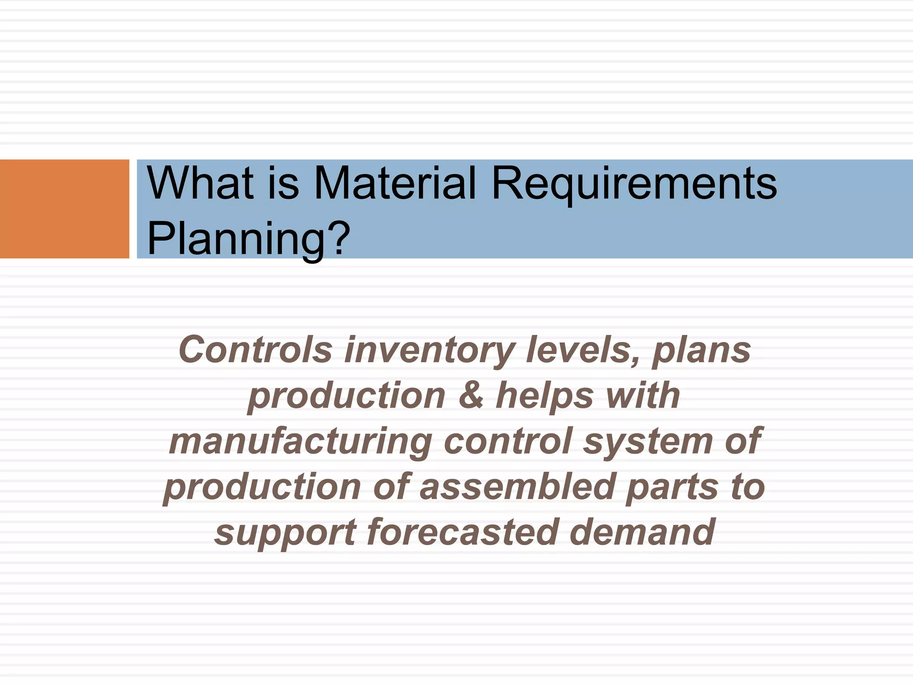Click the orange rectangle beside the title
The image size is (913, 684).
[64, 209]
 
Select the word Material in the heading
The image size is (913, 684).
[395, 183]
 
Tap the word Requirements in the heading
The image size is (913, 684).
[633, 183]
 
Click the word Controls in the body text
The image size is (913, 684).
[255, 350]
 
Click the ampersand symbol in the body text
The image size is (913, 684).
[471, 395]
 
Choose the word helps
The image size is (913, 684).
[544, 396]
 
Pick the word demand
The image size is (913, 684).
[642, 532]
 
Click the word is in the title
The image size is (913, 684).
[284, 183]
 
